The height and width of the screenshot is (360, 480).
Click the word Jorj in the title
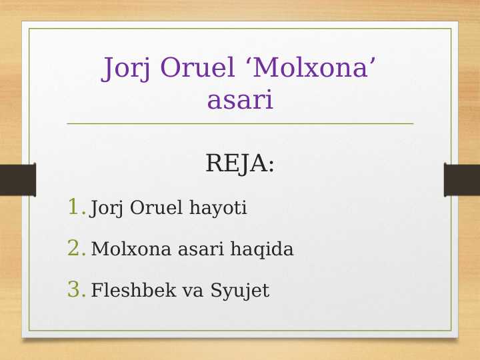coord(127,69)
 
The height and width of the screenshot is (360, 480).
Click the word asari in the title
coord(240,101)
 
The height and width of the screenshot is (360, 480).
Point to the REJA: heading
coord(240,163)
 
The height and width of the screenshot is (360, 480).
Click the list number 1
coord(76,207)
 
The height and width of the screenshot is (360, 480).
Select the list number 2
coord(76,249)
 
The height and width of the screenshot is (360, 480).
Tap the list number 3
coord(76,290)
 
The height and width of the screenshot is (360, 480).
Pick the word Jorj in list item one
coord(107,209)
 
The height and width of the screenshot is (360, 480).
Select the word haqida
coord(262,250)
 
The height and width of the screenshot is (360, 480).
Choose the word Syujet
coord(240,291)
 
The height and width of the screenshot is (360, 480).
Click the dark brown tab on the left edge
coord(17,180)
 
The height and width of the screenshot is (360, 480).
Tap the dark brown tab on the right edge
coord(462,180)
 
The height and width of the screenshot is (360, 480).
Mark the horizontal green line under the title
coord(240,123)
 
